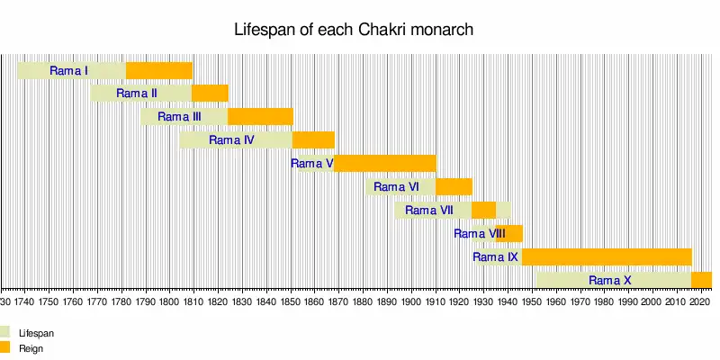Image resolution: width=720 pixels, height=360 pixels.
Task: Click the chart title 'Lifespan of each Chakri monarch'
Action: pos(354,30)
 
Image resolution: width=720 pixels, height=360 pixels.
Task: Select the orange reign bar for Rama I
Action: pos(159,70)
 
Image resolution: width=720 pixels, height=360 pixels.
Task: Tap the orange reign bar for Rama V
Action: pos(385,163)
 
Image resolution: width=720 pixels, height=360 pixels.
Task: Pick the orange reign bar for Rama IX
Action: pos(606,256)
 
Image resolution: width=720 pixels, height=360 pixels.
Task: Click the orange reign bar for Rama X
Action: pos(701,280)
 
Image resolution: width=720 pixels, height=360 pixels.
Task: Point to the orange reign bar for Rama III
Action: pos(260,116)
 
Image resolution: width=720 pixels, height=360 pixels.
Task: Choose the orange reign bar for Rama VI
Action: pos(454,186)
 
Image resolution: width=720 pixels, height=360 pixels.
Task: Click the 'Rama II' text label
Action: pos(137,93)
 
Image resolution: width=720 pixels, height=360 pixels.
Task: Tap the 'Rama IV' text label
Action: pos(231,139)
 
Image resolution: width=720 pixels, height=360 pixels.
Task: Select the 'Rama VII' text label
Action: pos(429,210)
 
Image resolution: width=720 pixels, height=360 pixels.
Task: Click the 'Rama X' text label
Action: pos(609,280)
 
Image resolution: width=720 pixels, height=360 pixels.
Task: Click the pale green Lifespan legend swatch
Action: pos(4,332)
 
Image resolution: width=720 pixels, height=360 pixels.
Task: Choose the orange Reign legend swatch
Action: pos(4,346)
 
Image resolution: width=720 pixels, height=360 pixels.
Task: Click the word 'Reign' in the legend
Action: pos(31,347)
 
